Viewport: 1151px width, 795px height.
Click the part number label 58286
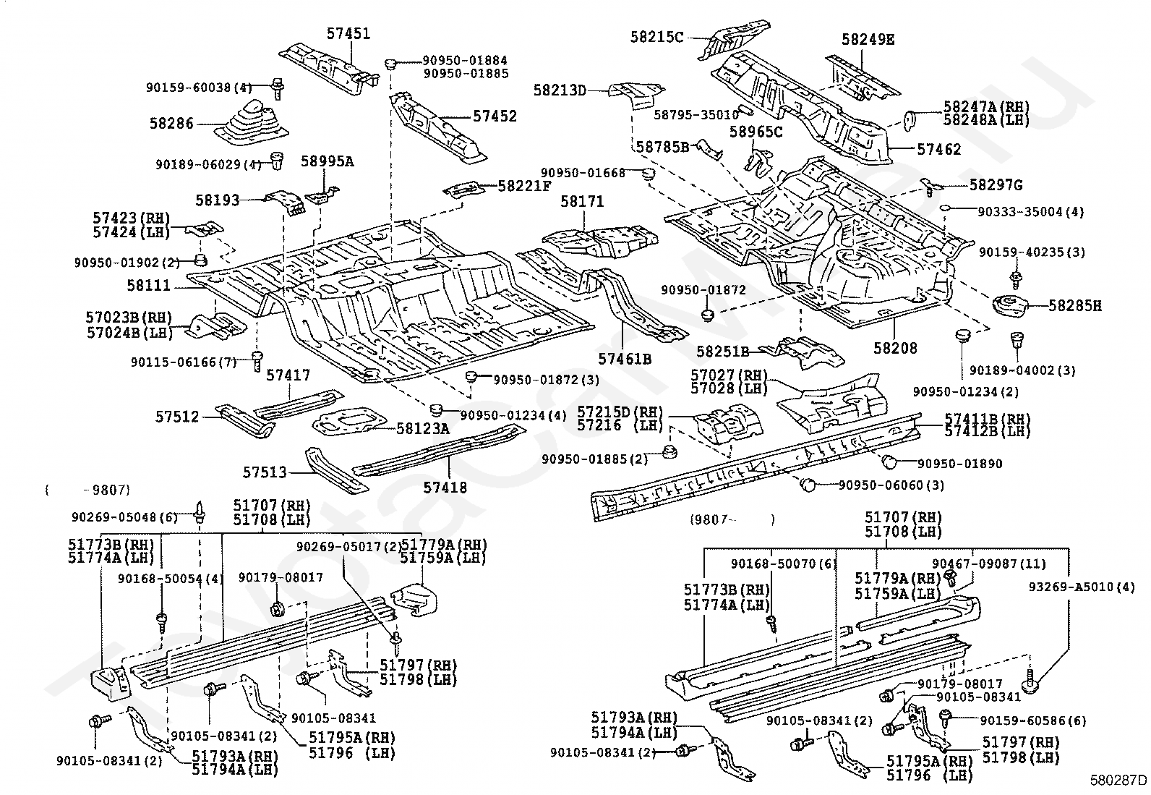click(x=171, y=124)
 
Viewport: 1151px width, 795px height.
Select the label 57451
click(x=348, y=34)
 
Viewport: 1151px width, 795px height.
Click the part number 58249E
click(x=868, y=40)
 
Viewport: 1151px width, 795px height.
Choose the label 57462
click(x=938, y=149)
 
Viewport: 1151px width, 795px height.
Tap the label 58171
click(x=582, y=202)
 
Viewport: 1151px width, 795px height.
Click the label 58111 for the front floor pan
click(x=148, y=286)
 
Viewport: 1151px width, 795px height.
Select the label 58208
click(x=895, y=348)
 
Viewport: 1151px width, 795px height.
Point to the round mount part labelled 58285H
click(x=1009, y=307)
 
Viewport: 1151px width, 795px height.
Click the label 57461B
click(x=625, y=359)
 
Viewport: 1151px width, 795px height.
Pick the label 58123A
click(x=422, y=428)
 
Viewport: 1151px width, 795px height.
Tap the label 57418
click(x=445, y=487)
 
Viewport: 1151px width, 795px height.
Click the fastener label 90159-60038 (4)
click(x=199, y=88)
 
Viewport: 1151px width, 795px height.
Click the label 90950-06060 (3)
click(x=891, y=485)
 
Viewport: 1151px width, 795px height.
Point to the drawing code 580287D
click(x=1118, y=780)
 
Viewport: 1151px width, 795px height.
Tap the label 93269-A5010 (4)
click(x=1081, y=587)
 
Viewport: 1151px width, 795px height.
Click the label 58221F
click(x=524, y=186)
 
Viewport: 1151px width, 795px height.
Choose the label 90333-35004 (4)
click(x=1030, y=212)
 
